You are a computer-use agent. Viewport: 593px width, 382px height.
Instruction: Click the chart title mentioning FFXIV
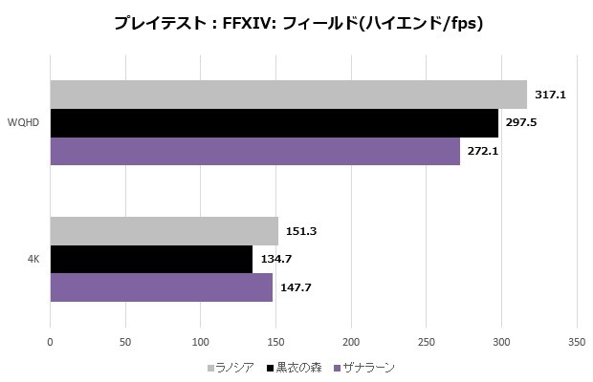296,24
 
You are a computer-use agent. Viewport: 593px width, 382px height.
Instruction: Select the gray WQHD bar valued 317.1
287,95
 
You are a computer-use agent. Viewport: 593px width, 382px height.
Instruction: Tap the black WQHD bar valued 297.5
273,123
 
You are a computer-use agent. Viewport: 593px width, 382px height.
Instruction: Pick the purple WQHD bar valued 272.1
253,152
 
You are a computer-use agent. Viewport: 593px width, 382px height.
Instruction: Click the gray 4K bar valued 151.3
164,231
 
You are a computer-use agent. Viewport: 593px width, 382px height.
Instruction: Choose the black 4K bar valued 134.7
151,260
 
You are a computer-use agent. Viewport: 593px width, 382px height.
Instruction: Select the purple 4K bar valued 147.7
161,287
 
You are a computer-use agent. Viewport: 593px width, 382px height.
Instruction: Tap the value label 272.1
482,152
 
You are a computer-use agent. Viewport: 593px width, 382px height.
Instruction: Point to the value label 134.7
275,260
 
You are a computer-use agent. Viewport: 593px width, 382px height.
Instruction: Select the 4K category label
33,259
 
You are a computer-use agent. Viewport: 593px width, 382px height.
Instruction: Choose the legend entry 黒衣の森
298,367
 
